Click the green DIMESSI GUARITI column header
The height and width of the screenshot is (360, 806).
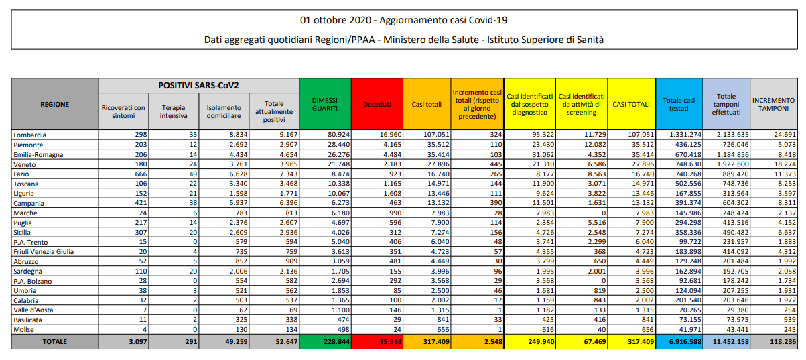click(325, 104)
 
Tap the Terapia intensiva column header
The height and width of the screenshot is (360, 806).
click(173, 111)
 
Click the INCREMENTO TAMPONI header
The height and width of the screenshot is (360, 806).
click(773, 104)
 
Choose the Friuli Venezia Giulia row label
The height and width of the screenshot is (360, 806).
click(43, 251)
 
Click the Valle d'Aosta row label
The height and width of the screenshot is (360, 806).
click(33, 310)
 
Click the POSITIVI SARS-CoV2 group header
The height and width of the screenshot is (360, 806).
click(199, 86)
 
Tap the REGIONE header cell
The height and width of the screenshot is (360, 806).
click(55, 104)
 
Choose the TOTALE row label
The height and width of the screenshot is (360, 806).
click(55, 341)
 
